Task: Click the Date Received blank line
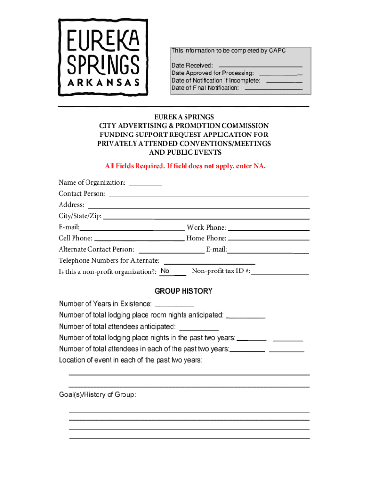click(260, 64)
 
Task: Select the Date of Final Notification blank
click(273, 88)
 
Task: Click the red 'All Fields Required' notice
click(185, 166)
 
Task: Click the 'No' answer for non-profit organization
click(165, 271)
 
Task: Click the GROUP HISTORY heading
click(183, 291)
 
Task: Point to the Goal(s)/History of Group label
click(98, 394)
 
